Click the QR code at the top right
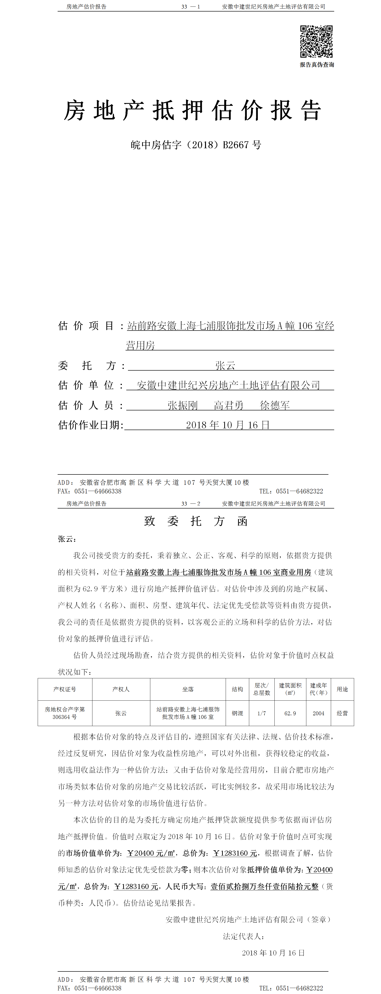[x=316, y=42]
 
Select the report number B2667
[x=236, y=145]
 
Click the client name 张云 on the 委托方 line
[x=225, y=365]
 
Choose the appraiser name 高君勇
[x=229, y=405]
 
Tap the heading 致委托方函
[x=195, y=521]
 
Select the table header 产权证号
[x=65, y=689]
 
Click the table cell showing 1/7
[x=262, y=713]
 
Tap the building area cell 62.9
[x=290, y=713]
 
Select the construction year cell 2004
[x=319, y=713]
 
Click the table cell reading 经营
[x=342, y=713]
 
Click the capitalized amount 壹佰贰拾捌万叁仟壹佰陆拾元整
[x=264, y=886]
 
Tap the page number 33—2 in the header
[x=191, y=503]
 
